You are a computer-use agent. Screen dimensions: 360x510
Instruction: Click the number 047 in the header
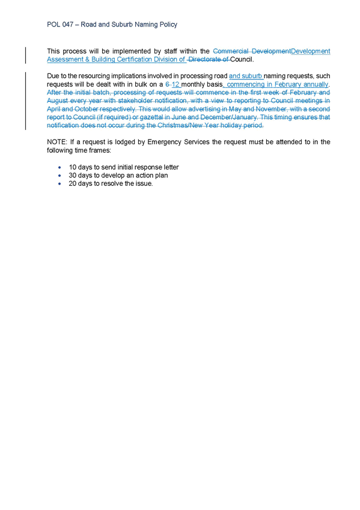click(x=67, y=25)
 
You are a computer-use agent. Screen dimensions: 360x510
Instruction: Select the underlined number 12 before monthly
click(x=175, y=84)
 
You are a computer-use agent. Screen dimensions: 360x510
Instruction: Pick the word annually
click(x=316, y=85)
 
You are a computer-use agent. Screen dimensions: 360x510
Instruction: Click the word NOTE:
click(x=57, y=142)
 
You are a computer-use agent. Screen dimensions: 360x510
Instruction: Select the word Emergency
click(x=163, y=142)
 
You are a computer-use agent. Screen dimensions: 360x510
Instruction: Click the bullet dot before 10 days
click(x=59, y=168)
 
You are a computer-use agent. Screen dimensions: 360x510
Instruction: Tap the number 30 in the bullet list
click(x=73, y=176)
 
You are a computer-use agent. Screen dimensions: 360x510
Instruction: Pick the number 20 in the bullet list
click(x=73, y=183)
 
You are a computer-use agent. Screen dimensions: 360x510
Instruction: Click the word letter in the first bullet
click(x=171, y=167)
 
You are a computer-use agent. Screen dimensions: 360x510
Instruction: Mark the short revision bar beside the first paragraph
click(x=26, y=55)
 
